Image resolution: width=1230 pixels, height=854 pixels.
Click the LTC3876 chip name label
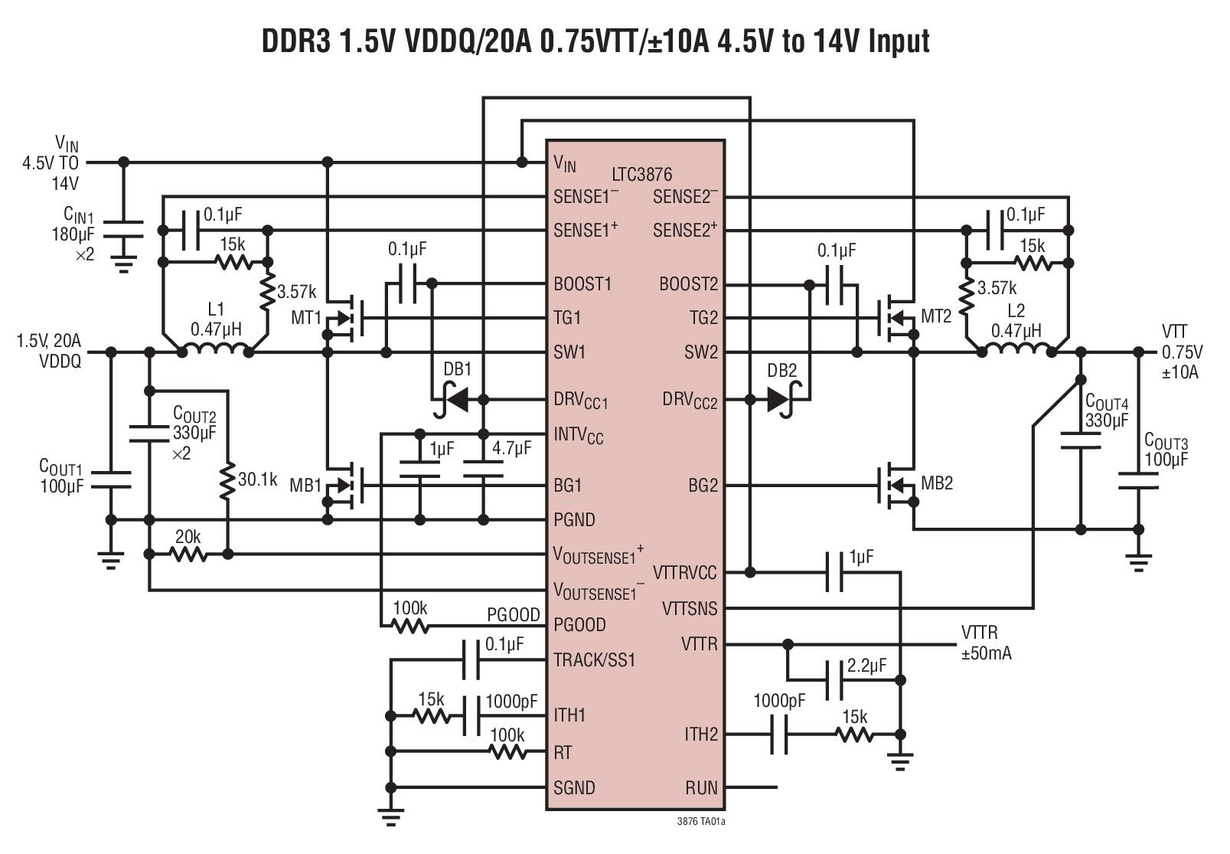pyautogui.click(x=641, y=175)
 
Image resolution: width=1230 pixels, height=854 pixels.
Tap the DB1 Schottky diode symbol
pyautogui.click(x=452, y=400)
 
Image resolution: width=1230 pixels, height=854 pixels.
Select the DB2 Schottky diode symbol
pyautogui.click(x=784, y=400)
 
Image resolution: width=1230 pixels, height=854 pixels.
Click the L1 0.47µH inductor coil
pyautogui.click(x=215, y=349)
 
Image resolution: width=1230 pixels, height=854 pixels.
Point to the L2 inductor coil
pyautogui.click(x=1016, y=349)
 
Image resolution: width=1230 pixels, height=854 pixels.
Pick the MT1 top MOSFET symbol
pyautogui.click(x=345, y=318)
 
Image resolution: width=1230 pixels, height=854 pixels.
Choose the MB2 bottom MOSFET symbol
pyautogui.click(x=896, y=486)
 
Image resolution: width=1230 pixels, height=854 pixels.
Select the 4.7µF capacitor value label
pyautogui.click(x=511, y=448)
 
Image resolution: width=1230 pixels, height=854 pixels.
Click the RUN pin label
pyautogui.click(x=700, y=787)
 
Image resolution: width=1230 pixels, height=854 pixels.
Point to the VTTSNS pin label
pyautogui.click(x=689, y=608)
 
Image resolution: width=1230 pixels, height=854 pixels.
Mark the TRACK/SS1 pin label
pyautogui.click(x=594, y=659)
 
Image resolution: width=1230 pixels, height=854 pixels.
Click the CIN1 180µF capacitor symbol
pyautogui.click(x=123, y=230)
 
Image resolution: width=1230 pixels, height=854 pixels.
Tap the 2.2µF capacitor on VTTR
pyautogui.click(x=834, y=680)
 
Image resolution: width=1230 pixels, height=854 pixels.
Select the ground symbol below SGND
pyautogui.click(x=390, y=817)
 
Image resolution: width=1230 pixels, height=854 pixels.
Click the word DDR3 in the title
pyautogui.click(x=296, y=41)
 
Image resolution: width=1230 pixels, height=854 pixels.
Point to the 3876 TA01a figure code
pyautogui.click(x=701, y=822)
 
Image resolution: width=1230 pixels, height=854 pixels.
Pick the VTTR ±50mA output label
pyautogui.click(x=986, y=643)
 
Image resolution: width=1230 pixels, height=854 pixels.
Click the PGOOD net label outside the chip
pyautogui.click(x=514, y=614)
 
